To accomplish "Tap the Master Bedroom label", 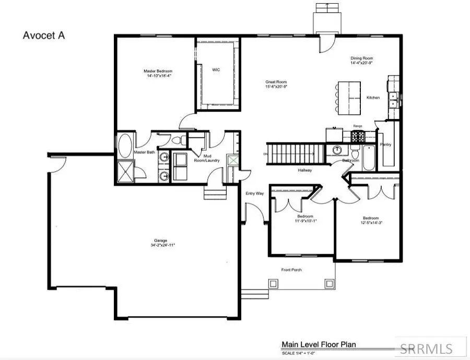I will click(158, 71).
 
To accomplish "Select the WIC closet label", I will click(216, 69).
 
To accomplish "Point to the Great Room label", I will click(276, 82).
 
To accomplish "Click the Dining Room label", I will click(361, 58).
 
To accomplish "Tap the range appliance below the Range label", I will click(358, 137).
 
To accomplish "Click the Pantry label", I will click(386, 145).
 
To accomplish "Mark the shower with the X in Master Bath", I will click(126, 172).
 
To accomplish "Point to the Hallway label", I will click(305, 170).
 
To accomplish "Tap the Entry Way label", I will click(254, 194).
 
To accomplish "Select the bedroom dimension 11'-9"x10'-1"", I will click(305, 221).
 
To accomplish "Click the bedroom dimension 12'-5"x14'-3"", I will click(371, 223).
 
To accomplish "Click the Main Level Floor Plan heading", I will click(319, 344).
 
